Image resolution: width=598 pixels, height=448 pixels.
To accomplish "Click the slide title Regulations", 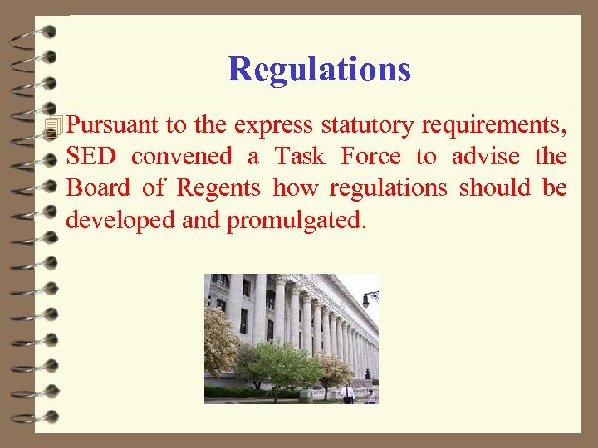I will [x=319, y=69].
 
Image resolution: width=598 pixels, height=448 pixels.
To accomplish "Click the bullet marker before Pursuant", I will [x=55, y=126].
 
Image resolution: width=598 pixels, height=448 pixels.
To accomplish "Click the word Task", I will [x=300, y=157].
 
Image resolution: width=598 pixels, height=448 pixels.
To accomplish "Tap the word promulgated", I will [x=296, y=221].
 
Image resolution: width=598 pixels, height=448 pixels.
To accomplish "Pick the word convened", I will [x=181, y=157].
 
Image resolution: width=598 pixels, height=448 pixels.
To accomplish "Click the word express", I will [x=272, y=126].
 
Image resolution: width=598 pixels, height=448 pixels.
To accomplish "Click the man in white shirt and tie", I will [x=347, y=392].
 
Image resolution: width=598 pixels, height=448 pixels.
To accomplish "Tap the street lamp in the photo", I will [x=370, y=296].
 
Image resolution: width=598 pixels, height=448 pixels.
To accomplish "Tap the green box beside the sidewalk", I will [x=306, y=397].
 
